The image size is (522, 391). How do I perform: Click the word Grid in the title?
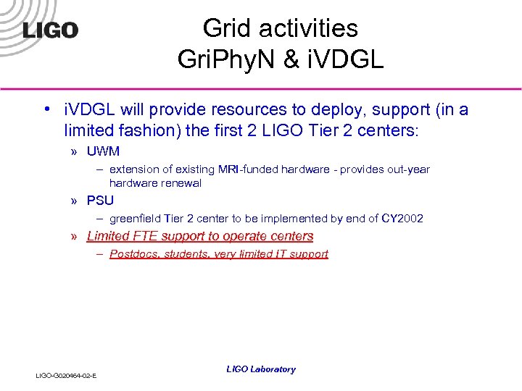click(223, 28)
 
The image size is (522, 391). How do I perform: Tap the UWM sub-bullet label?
click(103, 151)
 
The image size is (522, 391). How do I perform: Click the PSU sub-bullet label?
click(100, 201)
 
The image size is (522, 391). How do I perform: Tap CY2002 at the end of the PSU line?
click(402, 219)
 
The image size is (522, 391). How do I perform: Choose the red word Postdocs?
click(134, 254)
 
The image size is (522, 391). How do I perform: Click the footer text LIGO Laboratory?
click(261, 369)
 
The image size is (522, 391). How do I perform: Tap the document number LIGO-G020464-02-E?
click(67, 375)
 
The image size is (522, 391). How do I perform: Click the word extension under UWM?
click(135, 169)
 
